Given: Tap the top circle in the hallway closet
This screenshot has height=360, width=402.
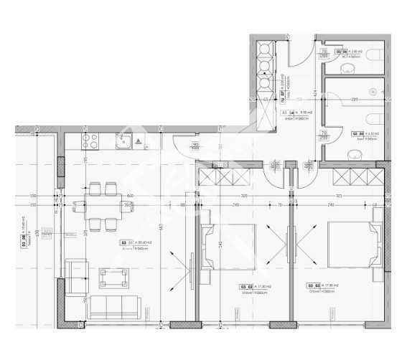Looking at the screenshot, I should [x=264, y=49].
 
